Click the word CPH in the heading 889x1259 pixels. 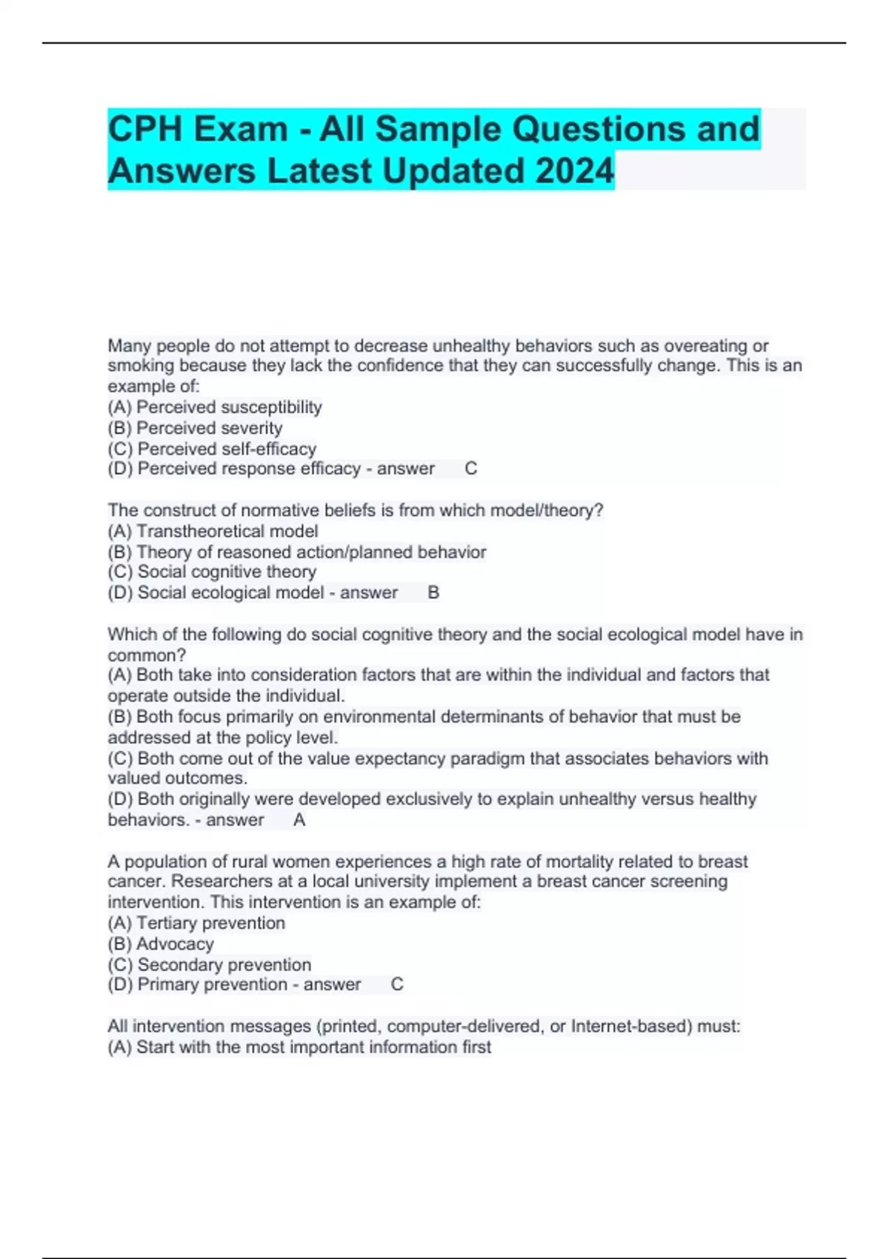click(145, 129)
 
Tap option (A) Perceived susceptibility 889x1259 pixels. click(215, 407)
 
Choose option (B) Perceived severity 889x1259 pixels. click(195, 428)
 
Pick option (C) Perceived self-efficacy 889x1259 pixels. click(212, 449)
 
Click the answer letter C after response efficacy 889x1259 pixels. click(470, 469)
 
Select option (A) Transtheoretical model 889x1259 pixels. click(213, 531)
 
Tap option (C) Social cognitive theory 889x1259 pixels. click(212, 572)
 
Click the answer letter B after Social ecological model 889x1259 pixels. click(433, 592)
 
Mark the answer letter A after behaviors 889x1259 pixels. click(299, 820)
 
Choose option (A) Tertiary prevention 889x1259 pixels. click(196, 923)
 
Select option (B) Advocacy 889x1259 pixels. click(161, 944)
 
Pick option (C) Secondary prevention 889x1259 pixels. click(210, 964)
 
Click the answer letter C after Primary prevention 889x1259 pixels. click(397, 984)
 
